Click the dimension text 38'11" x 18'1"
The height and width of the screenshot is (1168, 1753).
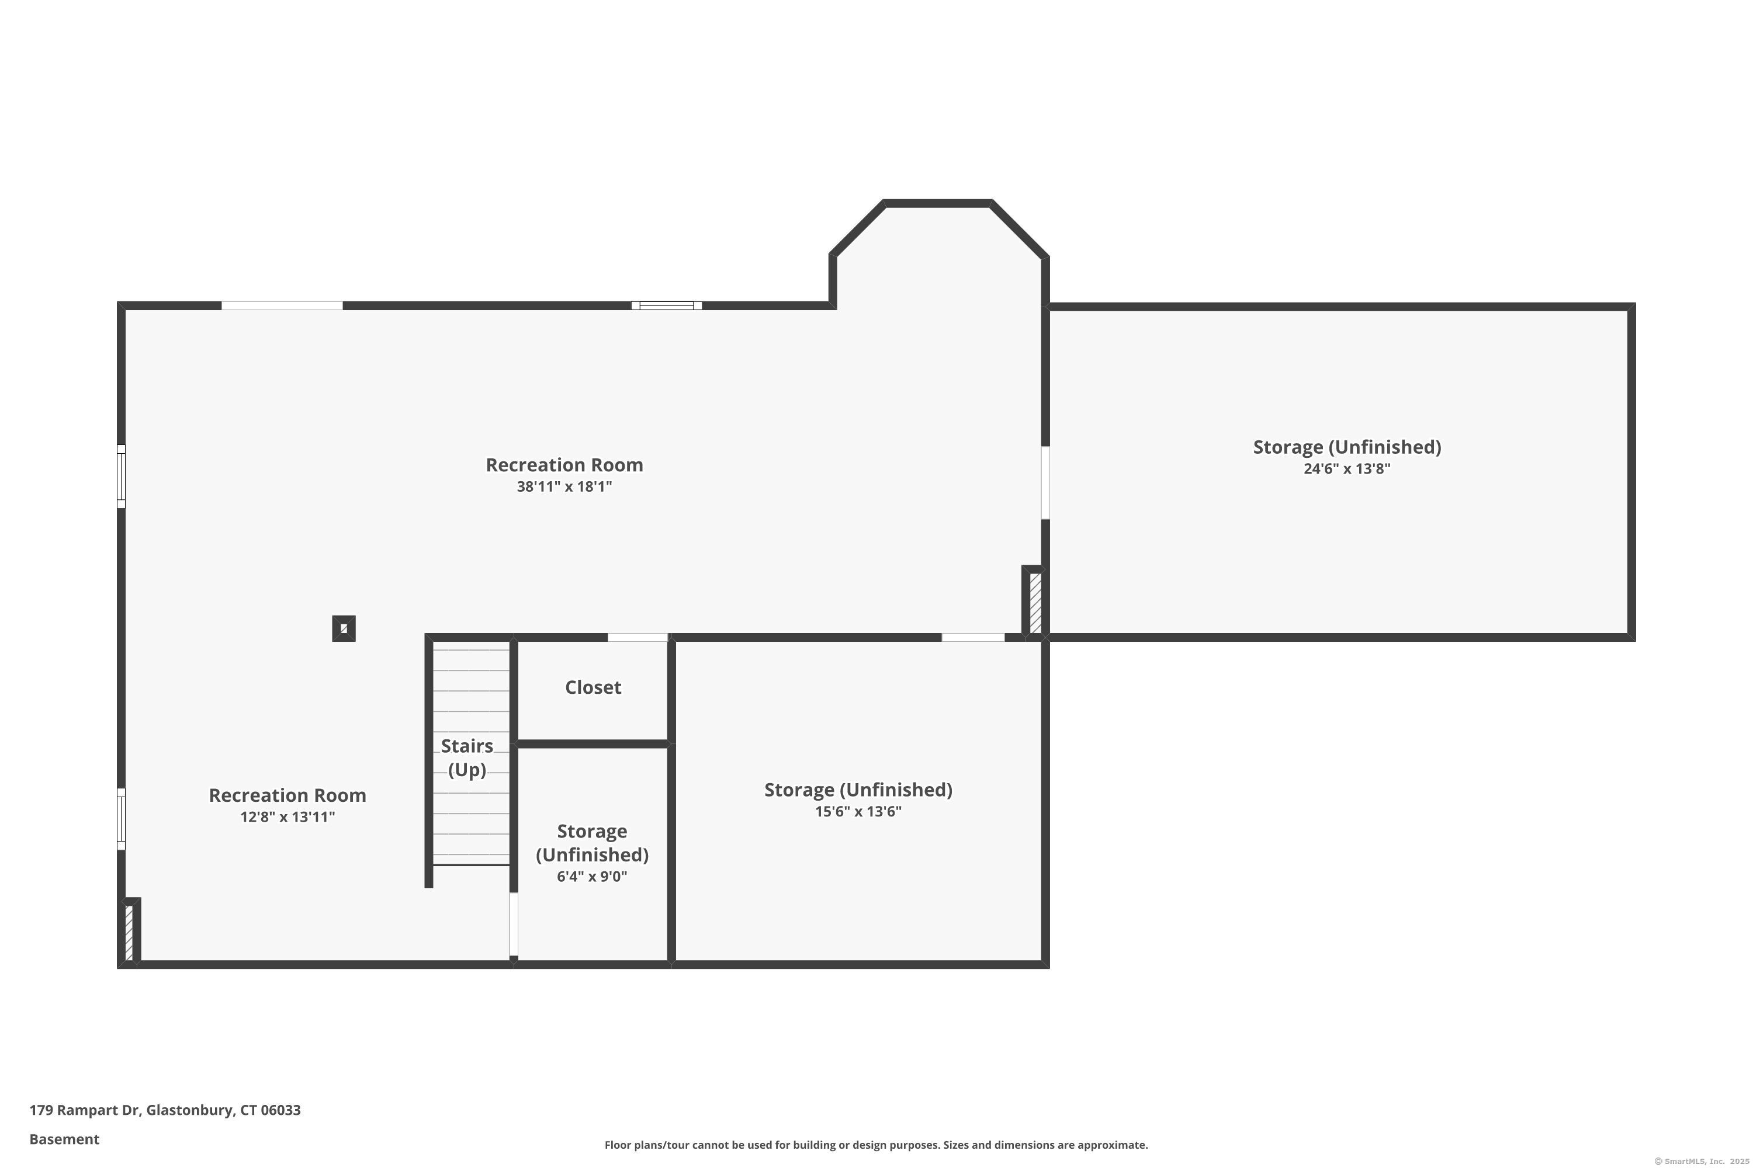(564, 486)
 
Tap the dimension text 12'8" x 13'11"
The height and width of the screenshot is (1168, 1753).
(287, 817)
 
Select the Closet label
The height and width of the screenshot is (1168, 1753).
(593, 687)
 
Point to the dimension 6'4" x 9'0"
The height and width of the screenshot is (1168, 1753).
(592, 877)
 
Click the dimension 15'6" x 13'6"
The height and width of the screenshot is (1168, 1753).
(858, 811)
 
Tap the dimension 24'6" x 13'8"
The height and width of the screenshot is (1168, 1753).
(1346, 468)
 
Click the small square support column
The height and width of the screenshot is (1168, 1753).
(344, 629)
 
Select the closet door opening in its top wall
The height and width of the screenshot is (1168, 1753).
(638, 638)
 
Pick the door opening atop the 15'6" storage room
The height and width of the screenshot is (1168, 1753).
(973, 638)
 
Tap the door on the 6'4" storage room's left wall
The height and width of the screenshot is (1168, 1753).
(514, 924)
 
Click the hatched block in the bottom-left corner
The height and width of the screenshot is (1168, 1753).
(129, 932)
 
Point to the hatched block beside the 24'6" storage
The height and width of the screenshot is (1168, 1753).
(1034, 603)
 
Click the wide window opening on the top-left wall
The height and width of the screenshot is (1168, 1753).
(282, 305)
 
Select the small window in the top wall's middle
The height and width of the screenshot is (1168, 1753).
(666, 305)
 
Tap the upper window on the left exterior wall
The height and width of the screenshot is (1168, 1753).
(122, 477)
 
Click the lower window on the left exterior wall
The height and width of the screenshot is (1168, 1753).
(122, 819)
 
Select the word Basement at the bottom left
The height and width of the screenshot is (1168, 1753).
(64, 1139)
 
